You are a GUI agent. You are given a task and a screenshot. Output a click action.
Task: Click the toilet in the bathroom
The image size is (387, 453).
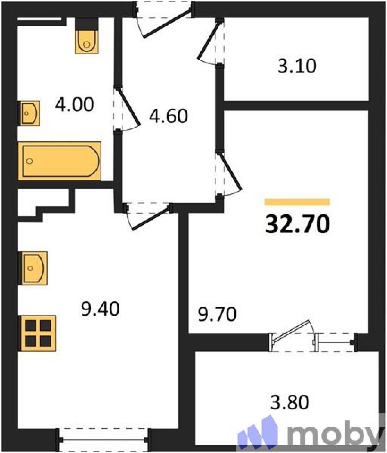87,36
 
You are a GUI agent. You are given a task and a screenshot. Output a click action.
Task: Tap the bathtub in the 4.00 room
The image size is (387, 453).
60,161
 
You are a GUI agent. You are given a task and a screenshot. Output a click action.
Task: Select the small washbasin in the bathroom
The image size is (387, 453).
29,113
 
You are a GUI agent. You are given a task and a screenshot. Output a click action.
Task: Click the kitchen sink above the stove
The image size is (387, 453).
33,268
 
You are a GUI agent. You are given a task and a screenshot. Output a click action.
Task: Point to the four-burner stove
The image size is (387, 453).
37,333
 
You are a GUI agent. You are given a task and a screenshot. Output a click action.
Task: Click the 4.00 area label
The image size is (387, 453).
74,104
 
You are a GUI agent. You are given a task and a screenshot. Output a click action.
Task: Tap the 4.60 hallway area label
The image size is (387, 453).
168,116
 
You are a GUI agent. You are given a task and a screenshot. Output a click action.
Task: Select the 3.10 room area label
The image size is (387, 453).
297,66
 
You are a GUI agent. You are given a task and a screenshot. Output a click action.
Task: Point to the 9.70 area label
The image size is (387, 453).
217,314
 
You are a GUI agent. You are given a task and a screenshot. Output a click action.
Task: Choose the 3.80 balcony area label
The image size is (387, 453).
289,402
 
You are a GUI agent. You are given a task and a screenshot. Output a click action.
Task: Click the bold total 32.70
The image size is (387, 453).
297,224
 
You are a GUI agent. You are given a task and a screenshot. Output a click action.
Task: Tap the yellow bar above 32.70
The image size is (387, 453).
297,202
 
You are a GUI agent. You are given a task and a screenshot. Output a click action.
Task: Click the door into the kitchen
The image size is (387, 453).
148,215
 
